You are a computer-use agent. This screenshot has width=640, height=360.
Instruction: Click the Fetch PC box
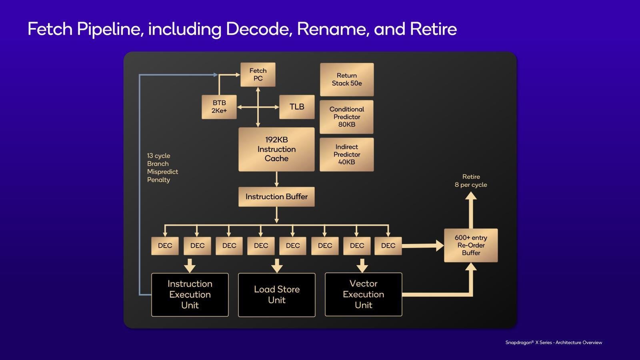tap(258, 74)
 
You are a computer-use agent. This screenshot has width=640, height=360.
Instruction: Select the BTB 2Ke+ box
tap(219, 107)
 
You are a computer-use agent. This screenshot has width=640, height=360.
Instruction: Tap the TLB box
tap(297, 107)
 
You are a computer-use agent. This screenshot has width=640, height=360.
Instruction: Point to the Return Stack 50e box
tap(346, 80)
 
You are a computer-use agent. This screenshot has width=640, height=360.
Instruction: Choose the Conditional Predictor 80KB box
tap(346, 117)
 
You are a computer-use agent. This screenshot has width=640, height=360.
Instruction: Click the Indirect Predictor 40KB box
tap(346, 154)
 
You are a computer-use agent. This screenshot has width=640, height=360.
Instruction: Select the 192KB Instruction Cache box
tap(276, 149)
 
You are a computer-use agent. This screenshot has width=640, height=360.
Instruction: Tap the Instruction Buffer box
tap(276, 196)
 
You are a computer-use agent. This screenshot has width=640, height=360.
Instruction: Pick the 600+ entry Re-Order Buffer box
tap(471, 245)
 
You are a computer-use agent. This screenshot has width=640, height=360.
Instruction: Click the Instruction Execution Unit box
tap(190, 294)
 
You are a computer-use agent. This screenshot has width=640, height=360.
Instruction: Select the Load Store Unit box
tap(277, 295)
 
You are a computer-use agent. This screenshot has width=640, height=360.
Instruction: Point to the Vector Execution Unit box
tap(364, 294)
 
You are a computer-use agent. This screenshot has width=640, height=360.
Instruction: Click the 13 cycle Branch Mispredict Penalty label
tap(162, 168)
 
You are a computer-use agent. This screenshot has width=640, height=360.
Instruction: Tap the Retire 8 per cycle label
tap(471, 180)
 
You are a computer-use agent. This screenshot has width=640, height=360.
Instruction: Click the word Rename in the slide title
tap(332, 29)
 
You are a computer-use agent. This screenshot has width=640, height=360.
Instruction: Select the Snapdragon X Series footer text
tap(554, 342)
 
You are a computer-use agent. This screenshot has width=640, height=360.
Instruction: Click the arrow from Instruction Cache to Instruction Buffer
tap(276, 179)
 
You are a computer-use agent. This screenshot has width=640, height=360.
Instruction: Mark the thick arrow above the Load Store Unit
tap(277, 266)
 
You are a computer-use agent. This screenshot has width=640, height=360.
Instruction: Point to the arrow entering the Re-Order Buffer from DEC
tap(423, 246)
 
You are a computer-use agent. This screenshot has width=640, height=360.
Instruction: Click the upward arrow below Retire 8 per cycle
tap(471, 210)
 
